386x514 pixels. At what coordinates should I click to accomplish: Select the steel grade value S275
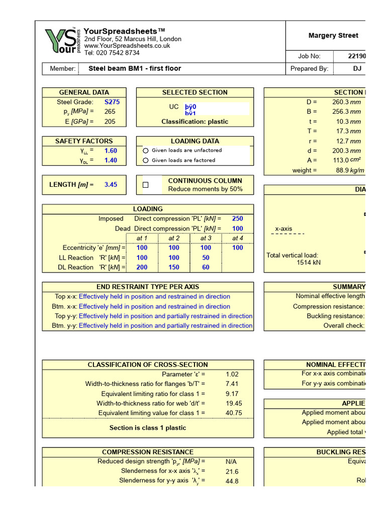112,102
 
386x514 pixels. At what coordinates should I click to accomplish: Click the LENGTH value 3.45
111,185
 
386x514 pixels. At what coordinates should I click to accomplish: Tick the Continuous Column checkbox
146,185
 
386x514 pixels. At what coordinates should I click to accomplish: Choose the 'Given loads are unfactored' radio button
146,151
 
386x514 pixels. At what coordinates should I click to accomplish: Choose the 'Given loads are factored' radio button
146,161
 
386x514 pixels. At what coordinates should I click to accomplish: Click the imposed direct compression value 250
237,219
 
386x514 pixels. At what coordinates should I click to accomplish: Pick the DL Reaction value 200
142,268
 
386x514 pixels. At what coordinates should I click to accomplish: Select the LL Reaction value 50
206,258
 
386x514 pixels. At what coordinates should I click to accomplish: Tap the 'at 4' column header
237,238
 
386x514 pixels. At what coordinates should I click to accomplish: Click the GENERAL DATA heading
84,92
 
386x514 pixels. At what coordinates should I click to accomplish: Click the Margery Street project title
333,36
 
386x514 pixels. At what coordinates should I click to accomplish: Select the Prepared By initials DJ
357,69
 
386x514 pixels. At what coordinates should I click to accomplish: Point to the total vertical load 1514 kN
308,263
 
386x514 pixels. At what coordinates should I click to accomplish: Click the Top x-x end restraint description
154,297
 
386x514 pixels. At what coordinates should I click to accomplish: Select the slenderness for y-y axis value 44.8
232,481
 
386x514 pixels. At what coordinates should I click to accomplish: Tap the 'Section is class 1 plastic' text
148,428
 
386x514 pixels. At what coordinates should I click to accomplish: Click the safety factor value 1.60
111,151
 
